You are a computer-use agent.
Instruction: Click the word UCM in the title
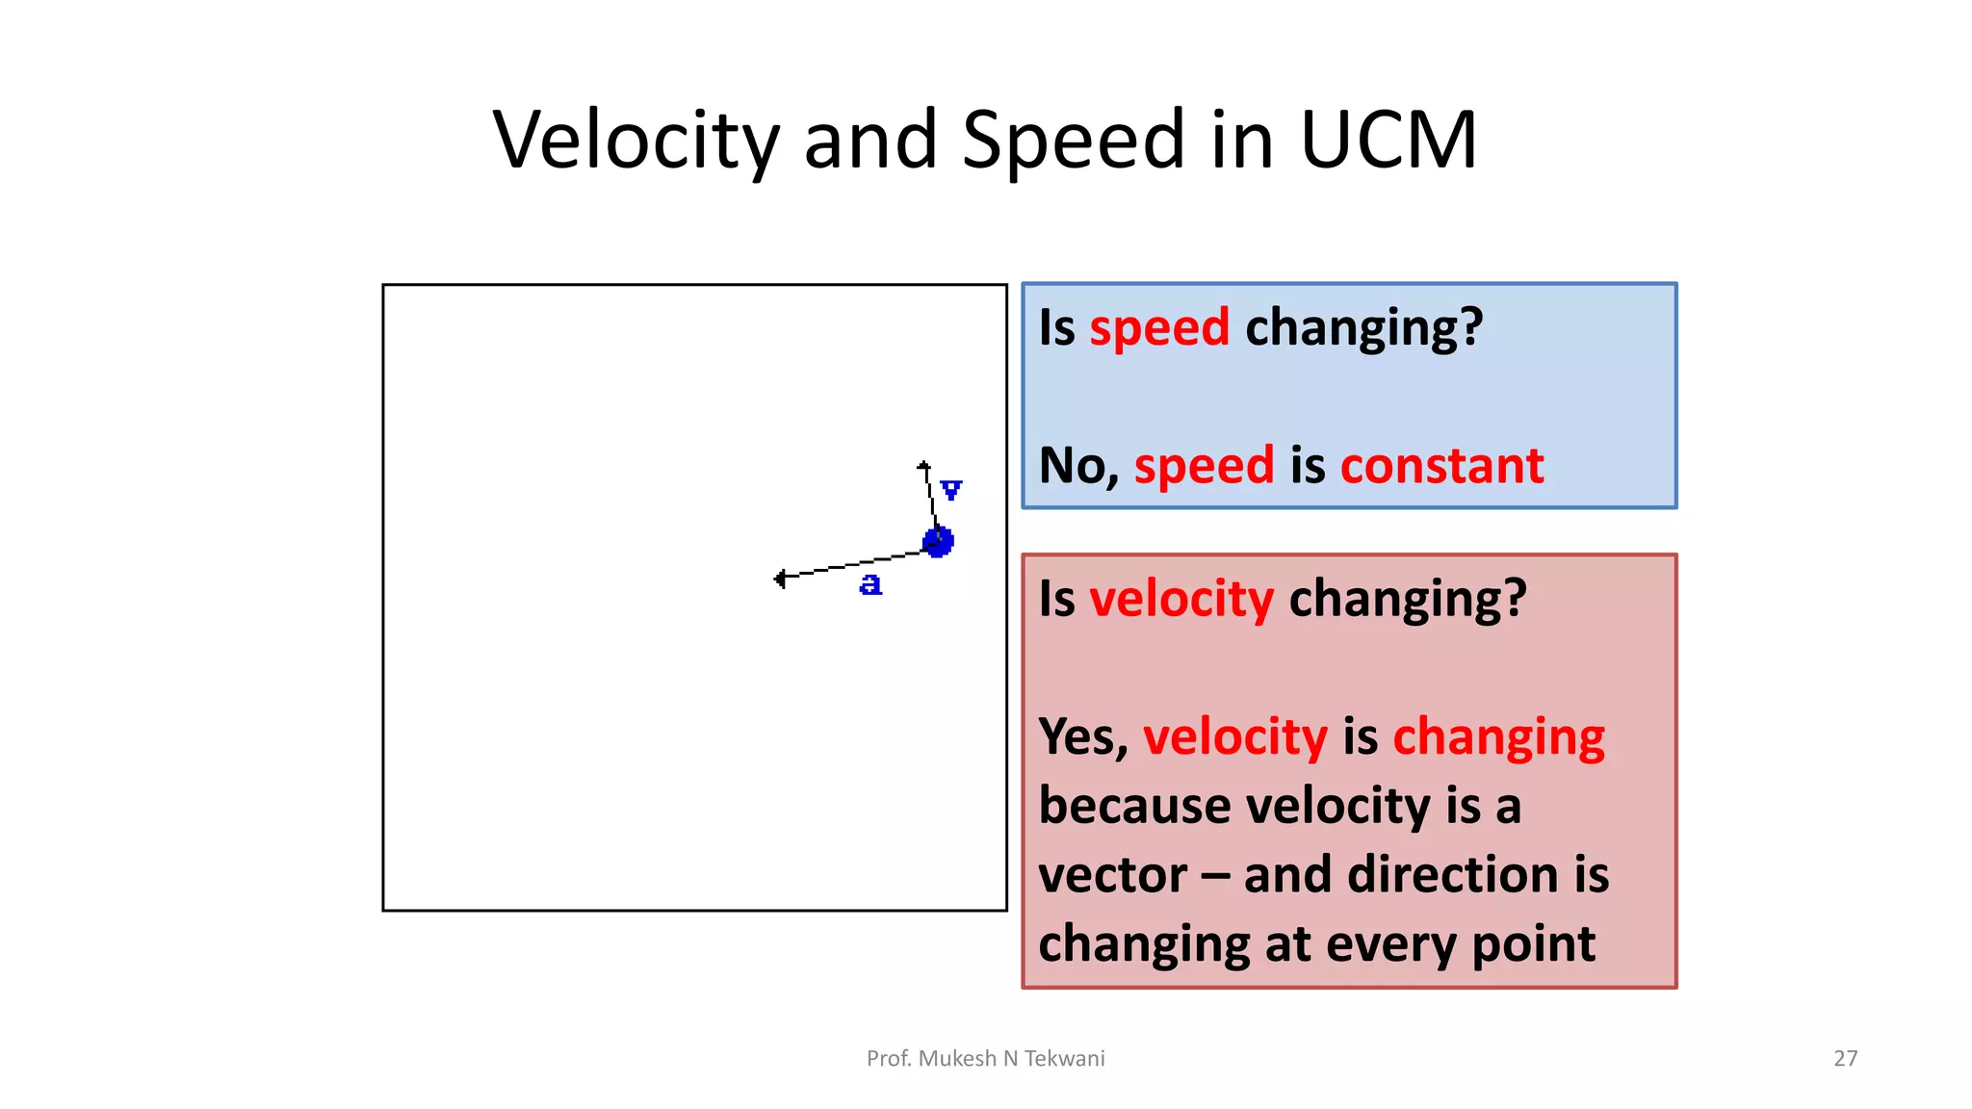point(1388,141)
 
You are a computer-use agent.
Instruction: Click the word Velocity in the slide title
point(636,141)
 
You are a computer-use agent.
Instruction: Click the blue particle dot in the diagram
point(939,541)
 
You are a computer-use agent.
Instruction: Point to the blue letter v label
point(951,490)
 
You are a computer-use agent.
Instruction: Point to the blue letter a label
point(870,584)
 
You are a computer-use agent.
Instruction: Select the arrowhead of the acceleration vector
point(780,579)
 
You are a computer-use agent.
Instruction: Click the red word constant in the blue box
point(1441,466)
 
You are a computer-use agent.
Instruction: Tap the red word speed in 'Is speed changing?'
point(1159,328)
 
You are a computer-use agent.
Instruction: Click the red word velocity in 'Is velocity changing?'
point(1181,599)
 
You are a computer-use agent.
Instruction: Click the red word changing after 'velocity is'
point(1498,737)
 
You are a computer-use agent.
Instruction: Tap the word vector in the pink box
point(1112,875)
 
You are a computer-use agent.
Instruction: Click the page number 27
point(1845,1058)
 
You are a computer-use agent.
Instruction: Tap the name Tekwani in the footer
point(1064,1058)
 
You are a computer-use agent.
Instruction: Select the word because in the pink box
point(1134,806)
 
